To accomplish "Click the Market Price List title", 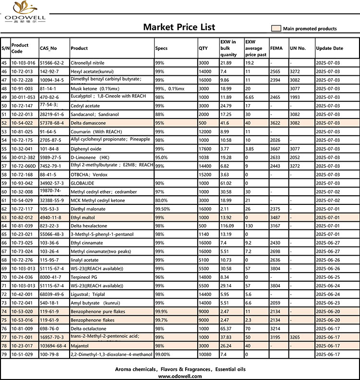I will click(x=179, y=27).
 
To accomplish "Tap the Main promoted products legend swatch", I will click(x=276, y=28).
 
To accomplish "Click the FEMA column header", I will click(x=276, y=48).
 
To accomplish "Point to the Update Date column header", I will click(x=329, y=48).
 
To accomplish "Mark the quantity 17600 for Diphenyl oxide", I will click(x=204, y=149).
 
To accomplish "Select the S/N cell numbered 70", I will click(x=5, y=277).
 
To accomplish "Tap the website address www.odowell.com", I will click(x=180, y=376).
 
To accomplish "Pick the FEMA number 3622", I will click(x=276, y=123).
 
